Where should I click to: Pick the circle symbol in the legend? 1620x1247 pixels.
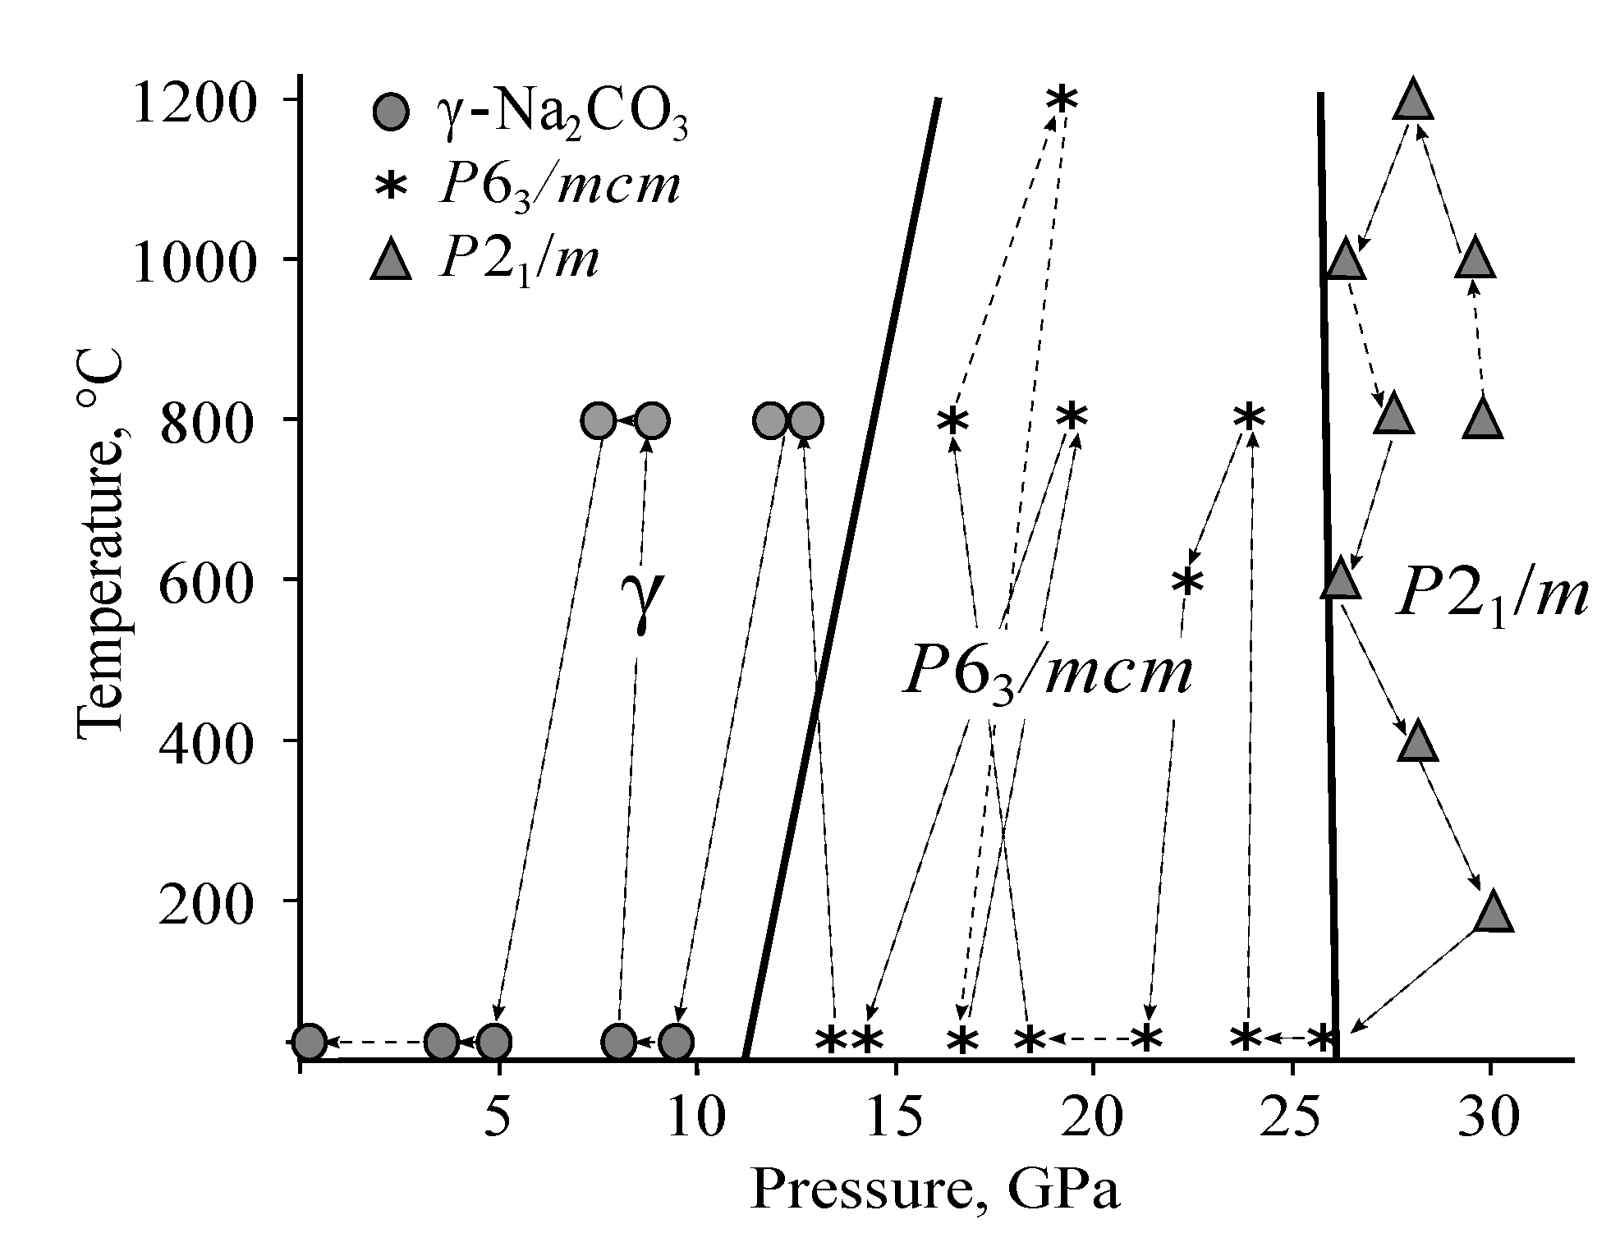pos(390,112)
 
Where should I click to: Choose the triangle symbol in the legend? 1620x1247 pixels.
pos(390,260)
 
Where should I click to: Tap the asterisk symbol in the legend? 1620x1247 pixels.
pos(390,186)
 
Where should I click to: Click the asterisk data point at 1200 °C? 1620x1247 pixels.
pos(1061,99)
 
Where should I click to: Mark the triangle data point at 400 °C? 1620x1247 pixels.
pos(1418,741)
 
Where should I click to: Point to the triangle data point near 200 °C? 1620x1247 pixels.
pos(1493,912)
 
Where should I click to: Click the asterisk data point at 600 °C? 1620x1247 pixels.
pos(1187,582)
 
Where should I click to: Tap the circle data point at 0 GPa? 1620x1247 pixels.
pos(309,1043)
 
